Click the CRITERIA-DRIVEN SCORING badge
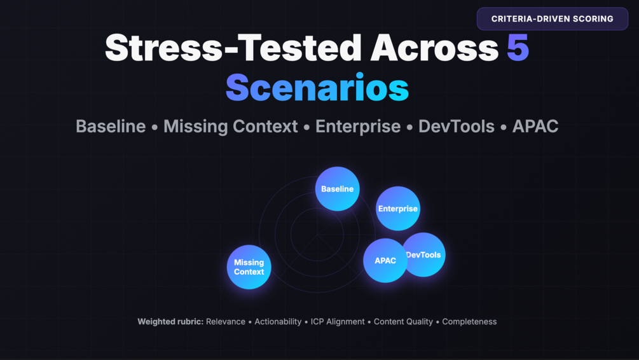[552, 18]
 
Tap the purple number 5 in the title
[518, 48]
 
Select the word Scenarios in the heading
[317, 88]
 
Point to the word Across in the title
[434, 48]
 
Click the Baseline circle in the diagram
[338, 189]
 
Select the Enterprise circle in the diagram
[398, 209]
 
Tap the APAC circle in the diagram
[385, 261]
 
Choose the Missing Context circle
[249, 267]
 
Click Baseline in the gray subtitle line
[111, 127]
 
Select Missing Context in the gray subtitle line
[231, 127]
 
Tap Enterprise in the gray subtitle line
[358, 127]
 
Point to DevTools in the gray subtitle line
[457, 127]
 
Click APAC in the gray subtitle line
[535, 127]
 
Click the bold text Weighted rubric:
[170, 322]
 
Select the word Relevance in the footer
[225, 322]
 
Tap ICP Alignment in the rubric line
[338, 322]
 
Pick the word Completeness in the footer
[469, 322]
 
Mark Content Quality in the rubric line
[403, 322]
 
